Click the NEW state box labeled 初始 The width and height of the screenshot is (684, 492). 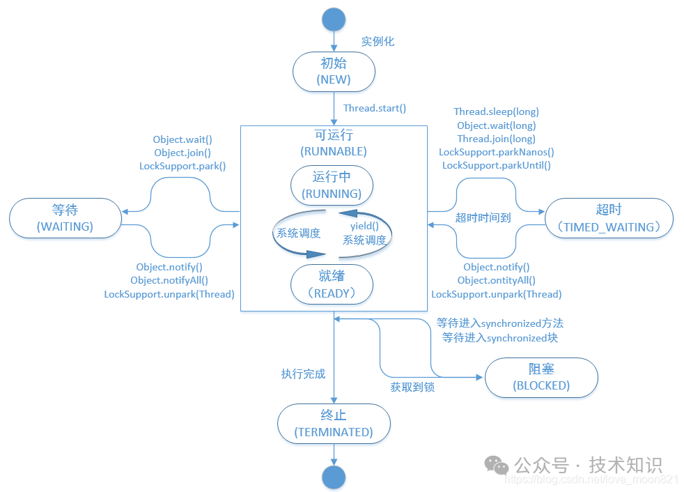334,71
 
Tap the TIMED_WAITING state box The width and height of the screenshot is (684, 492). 609,217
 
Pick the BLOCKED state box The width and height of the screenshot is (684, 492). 541,377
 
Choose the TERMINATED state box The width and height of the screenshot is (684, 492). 334,424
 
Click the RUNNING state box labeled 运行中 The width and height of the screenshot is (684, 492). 331,185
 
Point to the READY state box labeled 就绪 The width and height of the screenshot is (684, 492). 331,284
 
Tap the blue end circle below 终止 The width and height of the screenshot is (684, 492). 334,477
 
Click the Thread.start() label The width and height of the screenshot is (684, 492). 374,108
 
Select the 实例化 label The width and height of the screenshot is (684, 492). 378,41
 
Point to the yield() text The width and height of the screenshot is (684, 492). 364,226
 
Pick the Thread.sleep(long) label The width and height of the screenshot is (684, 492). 496,112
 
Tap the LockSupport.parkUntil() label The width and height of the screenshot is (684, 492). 496,165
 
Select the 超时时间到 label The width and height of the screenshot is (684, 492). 483,217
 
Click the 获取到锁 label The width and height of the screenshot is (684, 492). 412,387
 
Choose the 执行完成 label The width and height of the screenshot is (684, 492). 303,374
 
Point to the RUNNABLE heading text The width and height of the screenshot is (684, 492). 333,151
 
